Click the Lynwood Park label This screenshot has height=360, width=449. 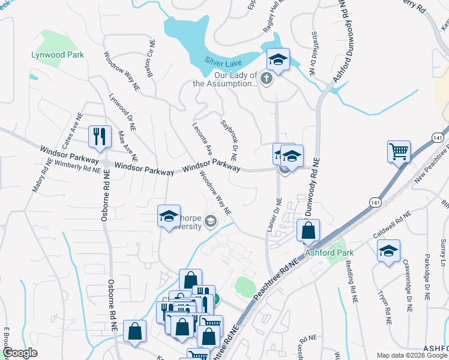(58, 55)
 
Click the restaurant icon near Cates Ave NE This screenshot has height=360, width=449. (100, 136)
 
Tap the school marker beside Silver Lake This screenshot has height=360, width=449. (278, 59)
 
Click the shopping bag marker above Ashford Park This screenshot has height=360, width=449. (308, 230)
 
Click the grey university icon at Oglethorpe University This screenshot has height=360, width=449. (210, 222)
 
